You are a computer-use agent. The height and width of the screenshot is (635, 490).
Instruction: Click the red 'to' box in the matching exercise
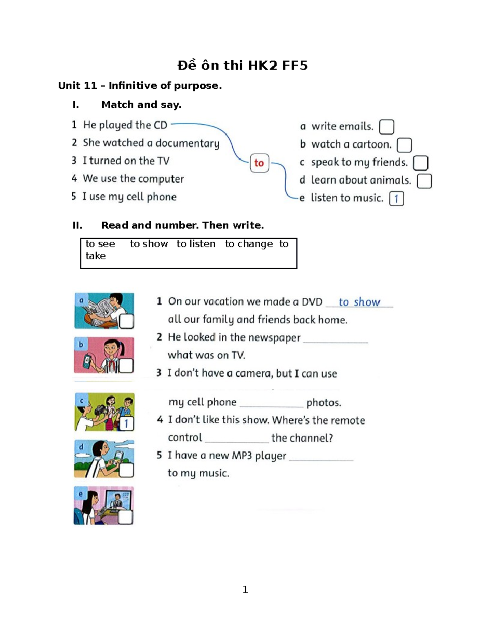pyautogui.click(x=259, y=163)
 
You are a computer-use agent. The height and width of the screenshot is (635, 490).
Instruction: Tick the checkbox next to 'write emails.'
pyautogui.click(x=386, y=127)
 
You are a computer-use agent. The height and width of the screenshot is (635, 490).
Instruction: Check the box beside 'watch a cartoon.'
pyautogui.click(x=404, y=145)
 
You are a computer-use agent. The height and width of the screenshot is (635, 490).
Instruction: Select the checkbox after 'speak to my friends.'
pyautogui.click(x=420, y=163)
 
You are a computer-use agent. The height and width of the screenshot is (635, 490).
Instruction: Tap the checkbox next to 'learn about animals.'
pyautogui.click(x=424, y=181)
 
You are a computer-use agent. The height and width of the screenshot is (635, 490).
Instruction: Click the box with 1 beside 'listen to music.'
pyautogui.click(x=396, y=199)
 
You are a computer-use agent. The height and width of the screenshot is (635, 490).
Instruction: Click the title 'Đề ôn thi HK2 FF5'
pyautogui.click(x=243, y=65)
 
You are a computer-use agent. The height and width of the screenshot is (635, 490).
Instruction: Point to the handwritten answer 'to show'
pyautogui.click(x=359, y=302)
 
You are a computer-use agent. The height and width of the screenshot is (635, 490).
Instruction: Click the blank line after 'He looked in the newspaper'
pyautogui.click(x=335, y=339)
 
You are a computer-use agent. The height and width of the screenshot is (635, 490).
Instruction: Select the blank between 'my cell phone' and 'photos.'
pyautogui.click(x=271, y=404)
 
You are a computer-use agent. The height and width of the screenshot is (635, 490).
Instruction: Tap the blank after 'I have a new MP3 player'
pyautogui.click(x=321, y=457)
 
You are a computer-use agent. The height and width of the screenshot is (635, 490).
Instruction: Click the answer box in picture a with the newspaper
pyautogui.click(x=126, y=321)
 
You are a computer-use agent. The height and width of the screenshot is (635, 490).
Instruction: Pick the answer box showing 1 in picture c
pyautogui.click(x=126, y=423)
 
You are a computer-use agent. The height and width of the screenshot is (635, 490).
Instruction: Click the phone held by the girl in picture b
pyautogui.click(x=87, y=361)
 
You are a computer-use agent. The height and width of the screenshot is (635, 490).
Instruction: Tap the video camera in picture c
pyautogui.click(x=101, y=409)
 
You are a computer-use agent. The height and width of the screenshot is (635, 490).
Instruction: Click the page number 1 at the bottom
pyautogui.click(x=245, y=589)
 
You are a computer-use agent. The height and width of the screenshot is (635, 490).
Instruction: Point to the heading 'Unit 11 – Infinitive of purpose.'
pyautogui.click(x=140, y=85)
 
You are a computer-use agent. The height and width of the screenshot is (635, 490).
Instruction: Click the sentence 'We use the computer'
pyautogui.click(x=133, y=179)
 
